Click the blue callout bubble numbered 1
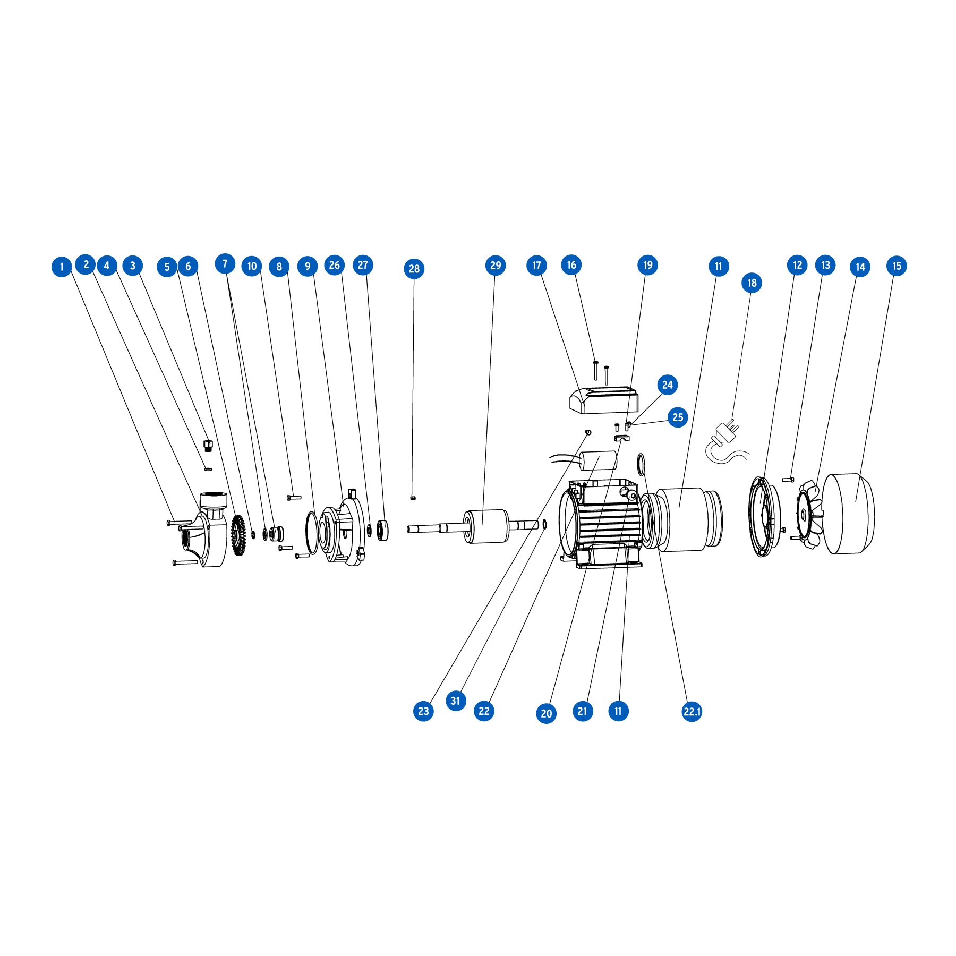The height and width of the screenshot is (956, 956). [62, 267]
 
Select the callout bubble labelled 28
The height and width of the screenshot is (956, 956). [414, 269]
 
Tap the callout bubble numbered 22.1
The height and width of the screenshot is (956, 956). [692, 712]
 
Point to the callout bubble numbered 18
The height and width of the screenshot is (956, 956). [752, 283]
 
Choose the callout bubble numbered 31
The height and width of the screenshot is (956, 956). [456, 701]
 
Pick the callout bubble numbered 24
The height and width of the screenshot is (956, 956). [668, 385]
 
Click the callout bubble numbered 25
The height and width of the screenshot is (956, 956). [678, 417]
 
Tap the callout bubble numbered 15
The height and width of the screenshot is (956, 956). [897, 266]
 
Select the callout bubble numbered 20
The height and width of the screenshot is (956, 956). [547, 713]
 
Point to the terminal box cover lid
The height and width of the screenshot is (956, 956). [603, 400]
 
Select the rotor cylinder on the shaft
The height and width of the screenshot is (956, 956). [486, 526]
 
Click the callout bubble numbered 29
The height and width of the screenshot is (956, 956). [496, 266]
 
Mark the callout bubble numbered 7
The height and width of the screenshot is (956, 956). [225, 263]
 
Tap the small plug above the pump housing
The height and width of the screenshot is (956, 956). [208, 445]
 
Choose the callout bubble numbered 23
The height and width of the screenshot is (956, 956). [423, 711]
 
